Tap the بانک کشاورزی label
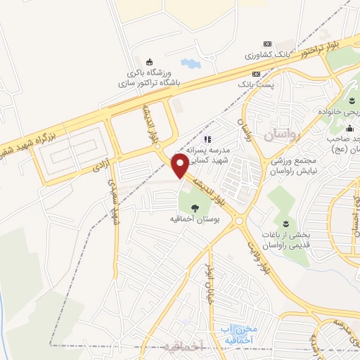tap(266, 54)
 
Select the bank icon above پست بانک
tap(256, 73)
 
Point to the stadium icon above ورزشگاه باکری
tap(148, 61)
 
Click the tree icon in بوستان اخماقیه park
tap(194, 206)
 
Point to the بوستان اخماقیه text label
tap(193, 219)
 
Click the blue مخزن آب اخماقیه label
tap(236, 331)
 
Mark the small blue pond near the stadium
tap(190, 65)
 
